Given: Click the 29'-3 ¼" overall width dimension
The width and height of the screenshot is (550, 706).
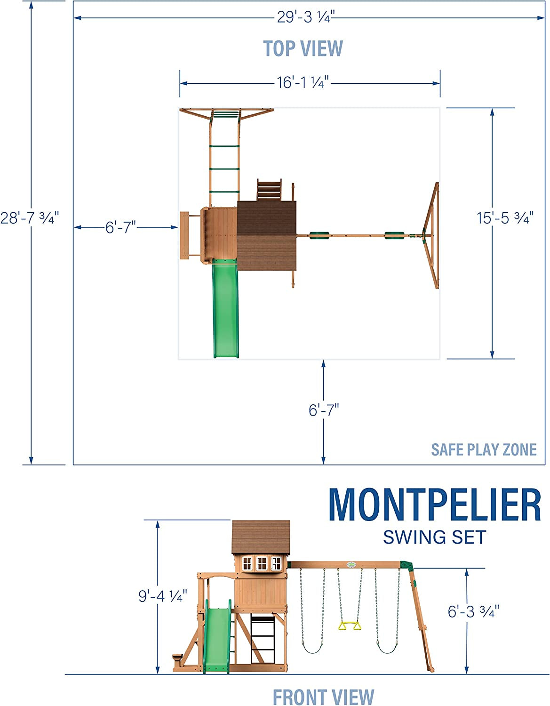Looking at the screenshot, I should coord(305,17).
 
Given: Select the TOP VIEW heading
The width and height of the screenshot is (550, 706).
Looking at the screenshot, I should coord(303,48).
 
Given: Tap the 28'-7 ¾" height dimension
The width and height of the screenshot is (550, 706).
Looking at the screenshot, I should coord(29,218).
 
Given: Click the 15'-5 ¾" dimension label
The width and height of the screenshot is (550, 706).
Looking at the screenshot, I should coord(505,218).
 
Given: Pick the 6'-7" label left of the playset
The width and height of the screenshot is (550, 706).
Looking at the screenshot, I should coord(120,227).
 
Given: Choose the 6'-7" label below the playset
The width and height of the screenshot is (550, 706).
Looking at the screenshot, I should coord(324,410).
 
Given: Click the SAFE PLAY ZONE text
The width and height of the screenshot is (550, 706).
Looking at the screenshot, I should coord(484,450).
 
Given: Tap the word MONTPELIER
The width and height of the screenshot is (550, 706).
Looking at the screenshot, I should coord(435,505).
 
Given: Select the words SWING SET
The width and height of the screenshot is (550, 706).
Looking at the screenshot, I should coord(434,538).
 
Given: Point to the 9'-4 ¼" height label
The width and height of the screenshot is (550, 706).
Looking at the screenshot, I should coord(163,596).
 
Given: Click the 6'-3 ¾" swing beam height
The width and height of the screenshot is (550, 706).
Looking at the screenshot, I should coord(473,611).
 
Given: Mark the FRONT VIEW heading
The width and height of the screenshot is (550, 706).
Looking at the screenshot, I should coord(323,697).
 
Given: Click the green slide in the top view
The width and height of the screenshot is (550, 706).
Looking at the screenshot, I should coord(226,311).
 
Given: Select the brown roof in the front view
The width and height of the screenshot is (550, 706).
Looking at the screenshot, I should coord(261,537).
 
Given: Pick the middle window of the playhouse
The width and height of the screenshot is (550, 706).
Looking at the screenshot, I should coord(262,563).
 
